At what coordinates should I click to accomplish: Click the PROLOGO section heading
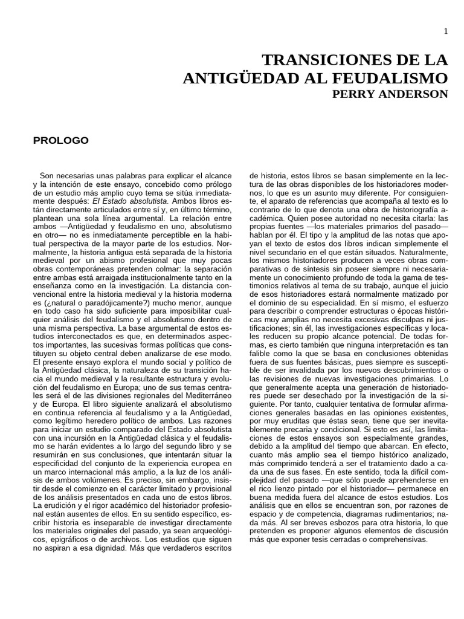60,140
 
